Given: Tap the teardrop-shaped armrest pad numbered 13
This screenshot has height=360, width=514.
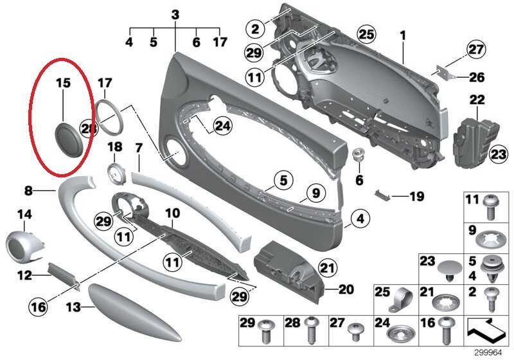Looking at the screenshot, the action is coord(134,312).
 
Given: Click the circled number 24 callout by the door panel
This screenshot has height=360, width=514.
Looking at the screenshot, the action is coord(222,126).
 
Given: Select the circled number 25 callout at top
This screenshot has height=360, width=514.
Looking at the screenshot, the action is coord(366,34).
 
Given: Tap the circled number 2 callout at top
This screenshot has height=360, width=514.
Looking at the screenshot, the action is coord(255,28).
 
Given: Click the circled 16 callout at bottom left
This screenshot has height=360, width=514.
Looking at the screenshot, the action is coord(39,307).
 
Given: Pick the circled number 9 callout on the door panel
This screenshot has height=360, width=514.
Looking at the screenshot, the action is coord(315,193).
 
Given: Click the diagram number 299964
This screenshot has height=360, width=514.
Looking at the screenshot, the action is coord(488,353).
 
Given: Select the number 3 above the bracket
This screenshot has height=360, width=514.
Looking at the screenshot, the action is coord(175,15).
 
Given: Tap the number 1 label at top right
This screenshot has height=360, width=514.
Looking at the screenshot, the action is coord(403,36).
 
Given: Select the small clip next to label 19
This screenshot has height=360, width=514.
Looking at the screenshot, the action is coord(382,195).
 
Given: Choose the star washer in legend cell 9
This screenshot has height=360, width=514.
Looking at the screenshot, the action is coord(486,241).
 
